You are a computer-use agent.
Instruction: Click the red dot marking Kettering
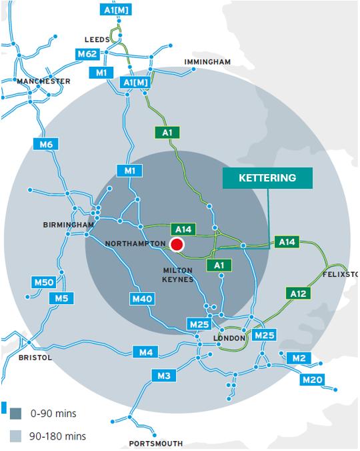pos(177,245)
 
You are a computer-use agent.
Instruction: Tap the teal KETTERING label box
pos(267,178)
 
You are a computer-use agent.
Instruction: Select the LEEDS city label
pos(97,39)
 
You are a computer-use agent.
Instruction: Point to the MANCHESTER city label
pos(44,81)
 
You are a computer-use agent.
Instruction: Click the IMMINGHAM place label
pos(207,62)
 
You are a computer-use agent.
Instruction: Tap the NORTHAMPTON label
pos(134,244)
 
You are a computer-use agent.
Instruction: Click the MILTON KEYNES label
pos(178,274)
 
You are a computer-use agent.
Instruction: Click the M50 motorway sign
pos(43,283)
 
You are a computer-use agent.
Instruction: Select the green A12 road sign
pos(297,292)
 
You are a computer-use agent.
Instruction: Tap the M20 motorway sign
pos(311,380)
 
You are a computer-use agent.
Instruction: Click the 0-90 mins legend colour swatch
pos(15,414)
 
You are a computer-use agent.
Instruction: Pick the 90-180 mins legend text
pos(59,436)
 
